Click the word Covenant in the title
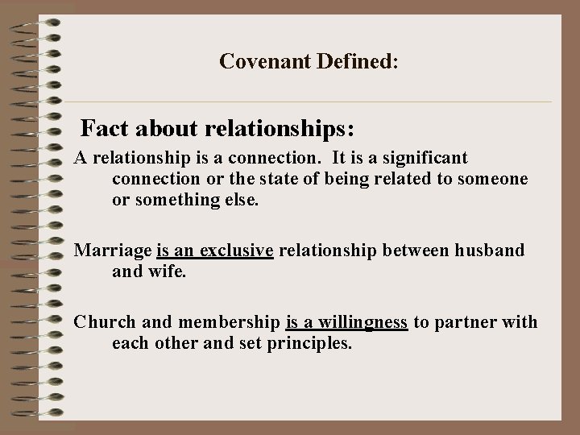pyautogui.click(x=256, y=61)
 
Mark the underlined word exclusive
pyautogui.click(x=236, y=251)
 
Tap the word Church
pyautogui.click(x=104, y=323)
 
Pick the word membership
pyautogui.click(x=228, y=323)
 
